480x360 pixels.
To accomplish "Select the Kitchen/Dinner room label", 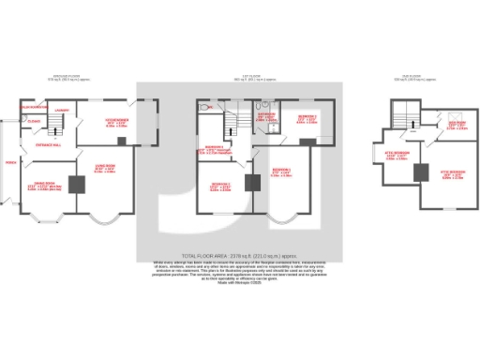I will (x=117, y=123).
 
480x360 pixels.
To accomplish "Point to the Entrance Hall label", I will (x=48, y=144).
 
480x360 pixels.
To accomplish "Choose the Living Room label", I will (x=104, y=171).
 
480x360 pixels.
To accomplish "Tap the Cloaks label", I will (x=33, y=121).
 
